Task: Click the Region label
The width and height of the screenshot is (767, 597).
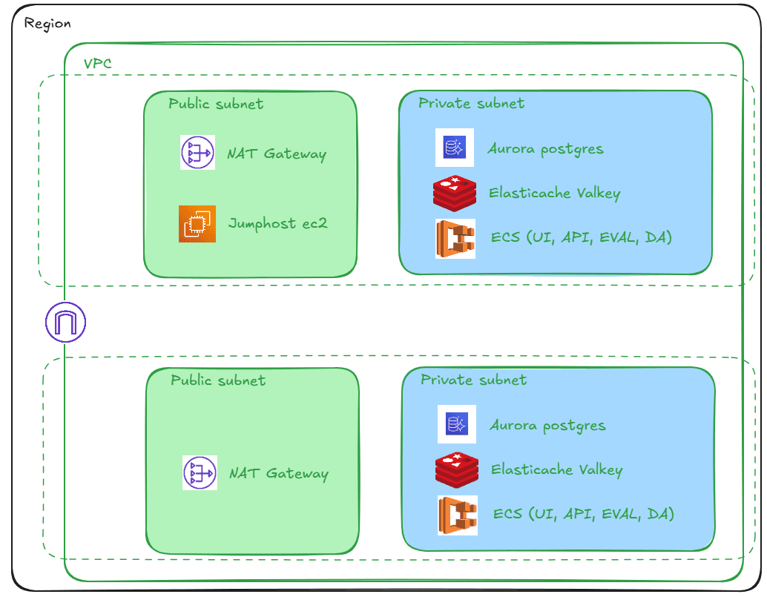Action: coord(47,24)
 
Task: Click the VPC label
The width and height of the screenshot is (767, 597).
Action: coord(98,64)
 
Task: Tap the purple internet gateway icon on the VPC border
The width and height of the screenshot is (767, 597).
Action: coord(66,323)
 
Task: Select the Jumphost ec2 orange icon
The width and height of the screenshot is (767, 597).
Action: coord(197,224)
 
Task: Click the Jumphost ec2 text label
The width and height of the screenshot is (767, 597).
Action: coord(278,224)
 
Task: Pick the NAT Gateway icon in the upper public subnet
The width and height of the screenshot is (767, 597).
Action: coord(198,153)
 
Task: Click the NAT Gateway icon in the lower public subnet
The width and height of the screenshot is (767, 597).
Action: coord(200,473)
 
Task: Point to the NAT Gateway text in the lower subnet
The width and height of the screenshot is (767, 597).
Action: coord(279,474)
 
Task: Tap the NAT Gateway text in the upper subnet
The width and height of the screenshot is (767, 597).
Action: coord(277,154)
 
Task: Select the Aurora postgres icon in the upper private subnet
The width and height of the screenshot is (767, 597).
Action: coord(454,148)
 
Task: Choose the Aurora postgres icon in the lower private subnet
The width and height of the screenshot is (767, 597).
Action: coord(456,424)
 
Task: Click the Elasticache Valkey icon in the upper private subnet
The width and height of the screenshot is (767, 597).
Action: coord(454,193)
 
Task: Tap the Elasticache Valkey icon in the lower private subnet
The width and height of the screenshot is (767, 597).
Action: coord(456,469)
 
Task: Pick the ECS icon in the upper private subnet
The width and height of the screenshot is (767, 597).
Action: coord(455,239)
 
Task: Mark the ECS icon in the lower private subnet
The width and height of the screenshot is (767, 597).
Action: coord(457,515)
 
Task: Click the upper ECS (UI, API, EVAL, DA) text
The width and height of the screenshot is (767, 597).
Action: coord(582,238)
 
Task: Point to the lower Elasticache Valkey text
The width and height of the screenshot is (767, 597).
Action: coord(557,470)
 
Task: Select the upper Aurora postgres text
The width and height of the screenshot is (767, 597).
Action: coord(545,149)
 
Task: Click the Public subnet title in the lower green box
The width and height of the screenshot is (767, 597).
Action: coord(218,380)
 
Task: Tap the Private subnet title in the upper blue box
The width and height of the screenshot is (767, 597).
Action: coord(471,104)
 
